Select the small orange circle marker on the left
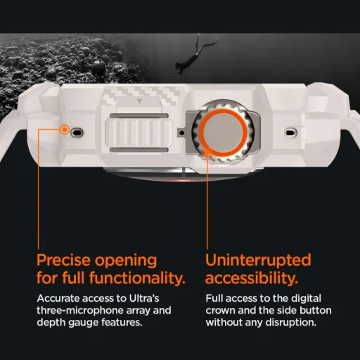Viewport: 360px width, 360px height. [65, 129]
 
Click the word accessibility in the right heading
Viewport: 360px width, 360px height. [249, 276]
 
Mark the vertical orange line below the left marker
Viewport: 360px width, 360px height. [65, 190]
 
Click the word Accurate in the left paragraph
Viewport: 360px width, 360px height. [57, 298]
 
